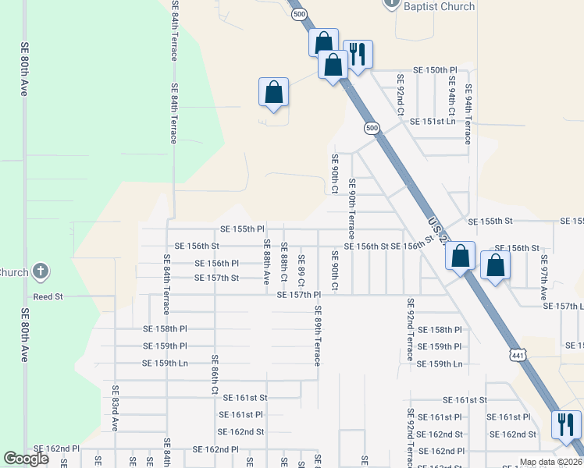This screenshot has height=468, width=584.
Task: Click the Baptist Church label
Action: pos(438,6)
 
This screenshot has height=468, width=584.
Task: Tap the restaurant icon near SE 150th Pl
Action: pos(358,55)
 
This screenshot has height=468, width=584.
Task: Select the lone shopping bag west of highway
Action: pos(274,92)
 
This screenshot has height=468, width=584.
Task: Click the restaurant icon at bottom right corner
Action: pos(566,424)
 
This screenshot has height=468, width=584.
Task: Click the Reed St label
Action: pos(48,297)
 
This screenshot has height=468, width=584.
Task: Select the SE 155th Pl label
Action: pos(243,229)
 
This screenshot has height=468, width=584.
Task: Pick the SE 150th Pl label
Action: pos(435,70)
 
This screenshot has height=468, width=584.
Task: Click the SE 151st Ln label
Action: pos(439,122)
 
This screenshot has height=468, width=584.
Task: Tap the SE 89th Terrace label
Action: pos(318,335)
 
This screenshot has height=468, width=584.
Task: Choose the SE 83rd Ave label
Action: pos(114,408)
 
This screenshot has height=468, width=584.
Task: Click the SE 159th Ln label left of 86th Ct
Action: pos(165,363)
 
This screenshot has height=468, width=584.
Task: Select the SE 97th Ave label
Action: pos(543,282)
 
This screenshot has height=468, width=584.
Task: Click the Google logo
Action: pos(26,459)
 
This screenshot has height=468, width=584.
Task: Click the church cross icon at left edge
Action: pos(41,272)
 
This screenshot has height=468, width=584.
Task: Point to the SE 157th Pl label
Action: pos(299,295)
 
